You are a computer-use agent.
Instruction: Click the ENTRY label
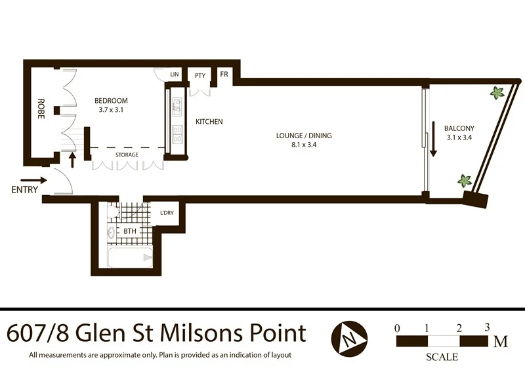(24, 191)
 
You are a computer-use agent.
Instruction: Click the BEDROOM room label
(111, 100)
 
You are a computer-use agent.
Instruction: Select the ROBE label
(41, 107)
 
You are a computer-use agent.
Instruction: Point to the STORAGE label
(127, 155)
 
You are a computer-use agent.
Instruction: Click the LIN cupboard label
(175, 75)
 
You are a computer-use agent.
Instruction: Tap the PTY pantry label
(200, 75)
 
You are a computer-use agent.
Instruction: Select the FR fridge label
(224, 75)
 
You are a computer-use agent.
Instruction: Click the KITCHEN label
(209, 122)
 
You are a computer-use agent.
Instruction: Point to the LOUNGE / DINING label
(304, 136)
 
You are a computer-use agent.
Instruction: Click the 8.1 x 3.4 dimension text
(304, 145)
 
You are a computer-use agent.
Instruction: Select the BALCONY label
(459, 128)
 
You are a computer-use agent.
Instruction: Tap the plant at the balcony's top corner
(497, 94)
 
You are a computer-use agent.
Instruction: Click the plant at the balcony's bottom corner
(465, 179)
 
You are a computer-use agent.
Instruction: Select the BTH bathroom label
(130, 232)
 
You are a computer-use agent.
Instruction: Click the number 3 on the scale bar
(487, 327)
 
